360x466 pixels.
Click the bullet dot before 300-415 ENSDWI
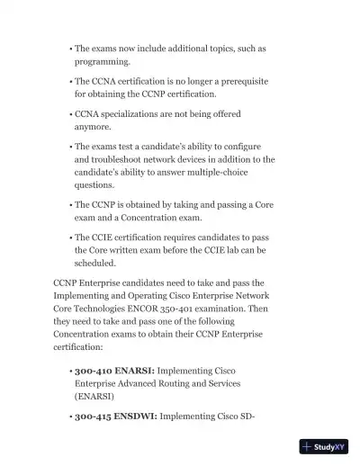pyautogui.click(x=70, y=418)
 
